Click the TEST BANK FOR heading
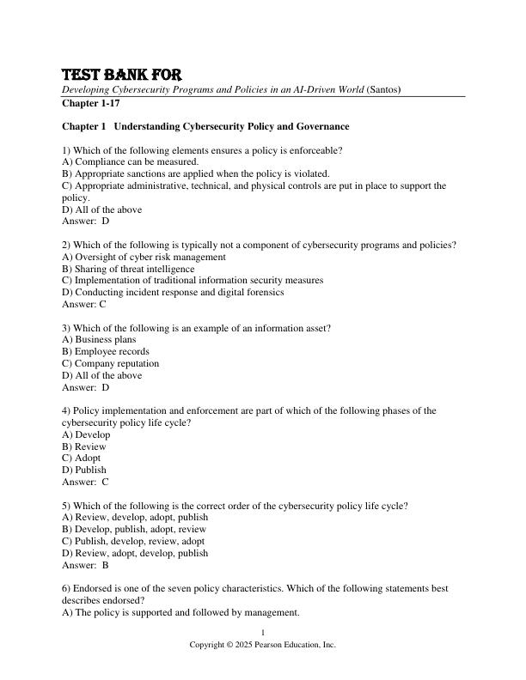121,75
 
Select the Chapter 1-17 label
90,103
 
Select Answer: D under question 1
86,221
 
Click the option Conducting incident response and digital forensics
174,292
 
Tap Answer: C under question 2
84,304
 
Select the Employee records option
106,351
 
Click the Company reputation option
111,363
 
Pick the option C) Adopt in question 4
85,458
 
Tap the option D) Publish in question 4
84,470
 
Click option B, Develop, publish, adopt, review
135,529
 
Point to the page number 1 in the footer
263,633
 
